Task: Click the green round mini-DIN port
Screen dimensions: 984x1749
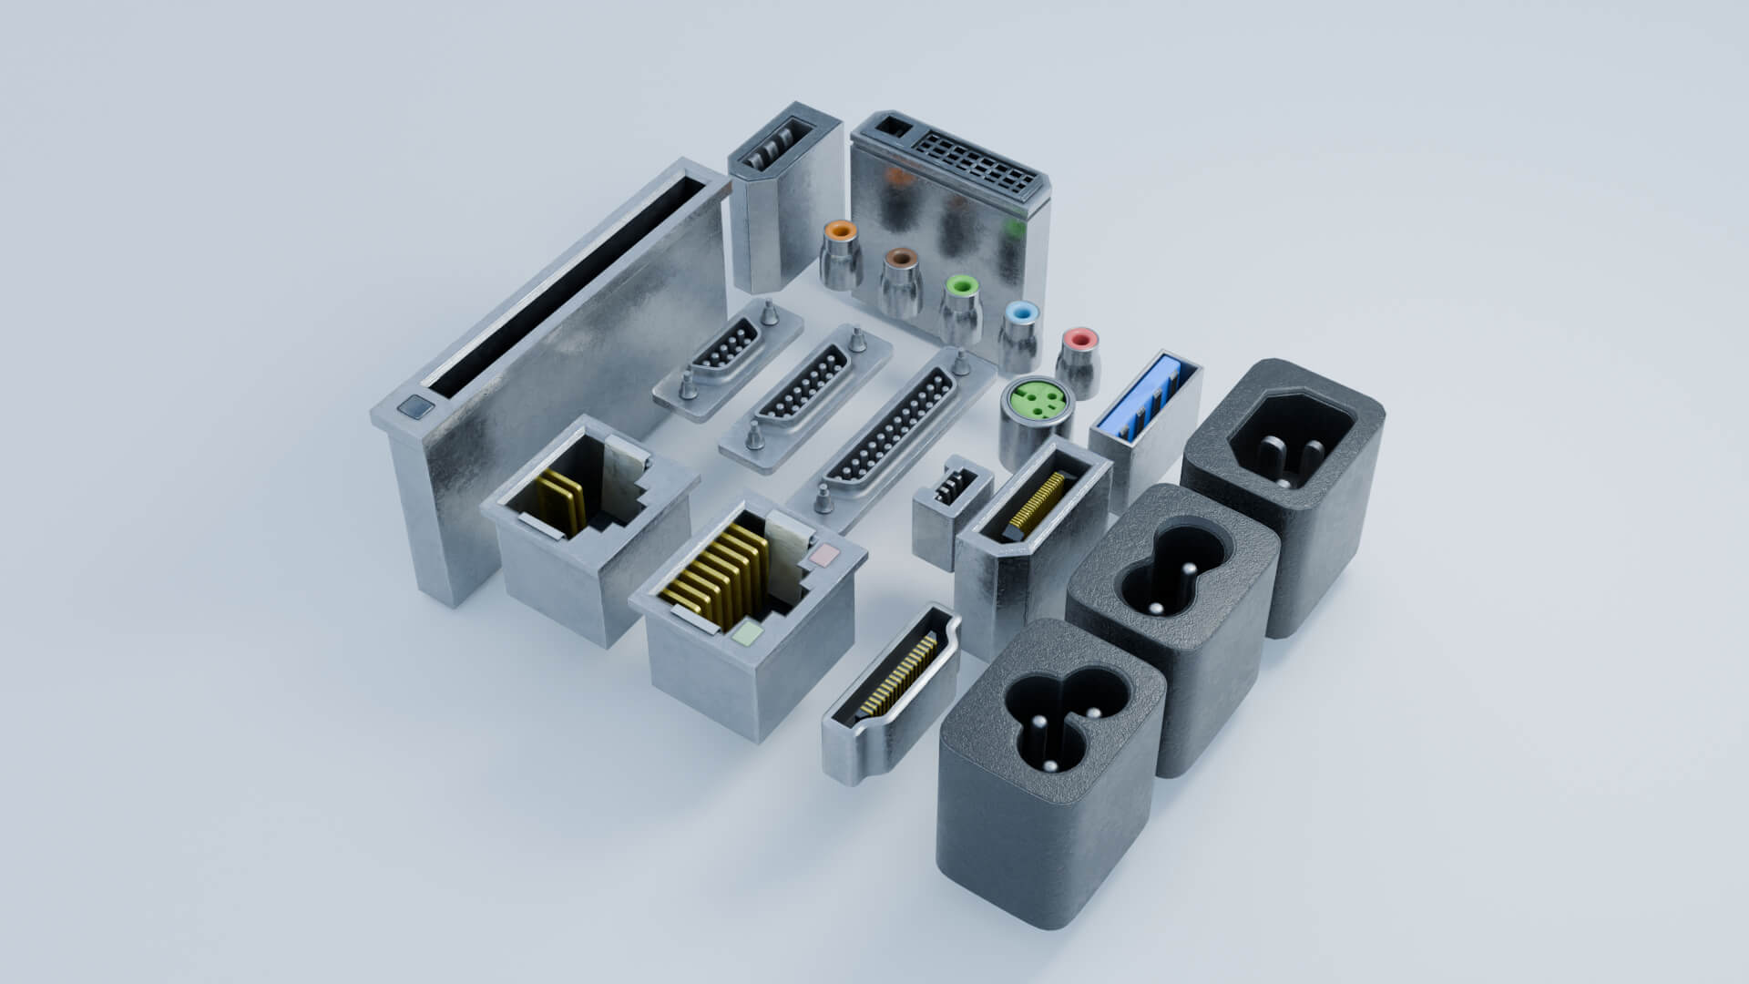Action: coord(1034,401)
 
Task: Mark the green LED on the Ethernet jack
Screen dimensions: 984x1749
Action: coord(747,633)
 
